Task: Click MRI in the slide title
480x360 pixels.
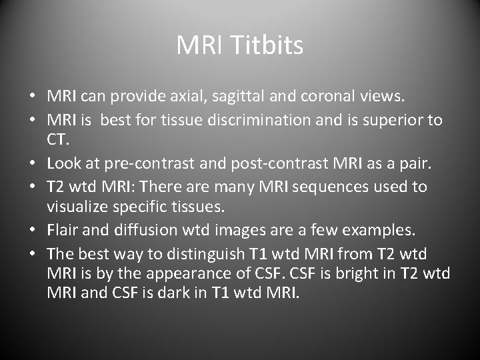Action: [201, 46]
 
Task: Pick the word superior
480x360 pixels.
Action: [395, 120]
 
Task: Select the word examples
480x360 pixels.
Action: [380, 231]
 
